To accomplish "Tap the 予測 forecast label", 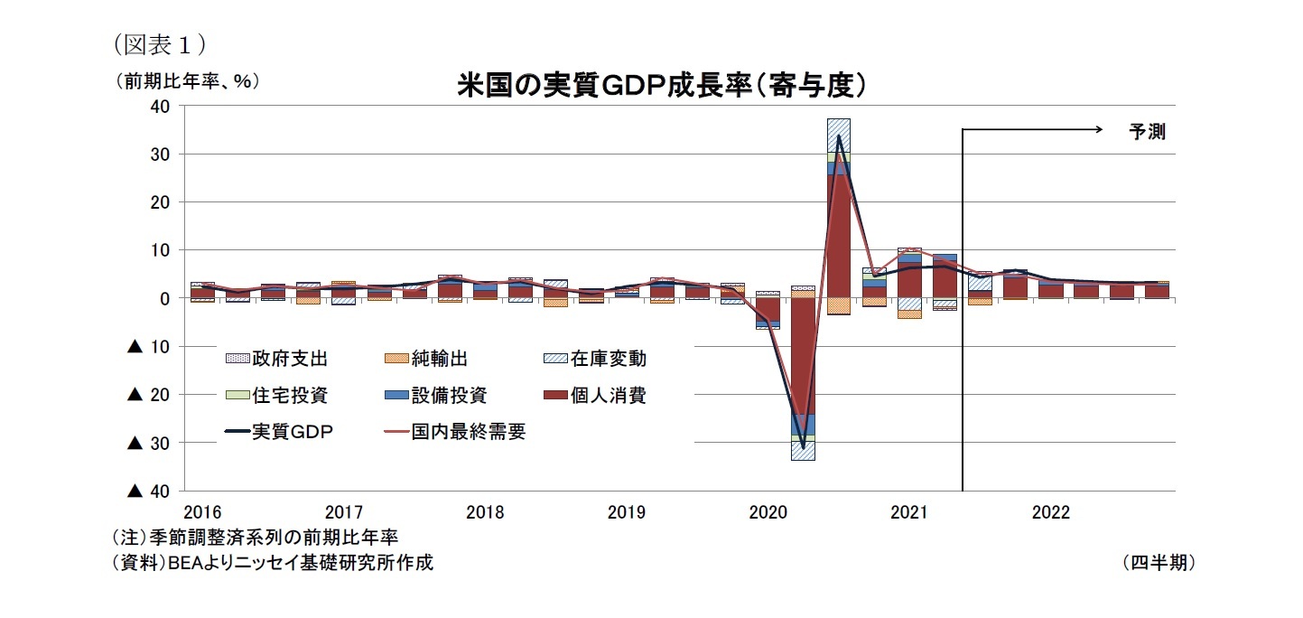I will (x=1148, y=132).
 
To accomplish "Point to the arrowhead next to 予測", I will (x=1098, y=130).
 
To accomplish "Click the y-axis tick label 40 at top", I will (x=160, y=106).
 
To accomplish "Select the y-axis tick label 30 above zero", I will (x=160, y=154).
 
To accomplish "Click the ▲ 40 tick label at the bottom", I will (x=150, y=491).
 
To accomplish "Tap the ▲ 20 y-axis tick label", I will (x=150, y=395).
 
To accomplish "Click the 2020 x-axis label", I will (x=768, y=513).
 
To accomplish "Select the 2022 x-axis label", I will (x=1050, y=513).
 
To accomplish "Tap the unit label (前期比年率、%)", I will (x=186, y=80).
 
